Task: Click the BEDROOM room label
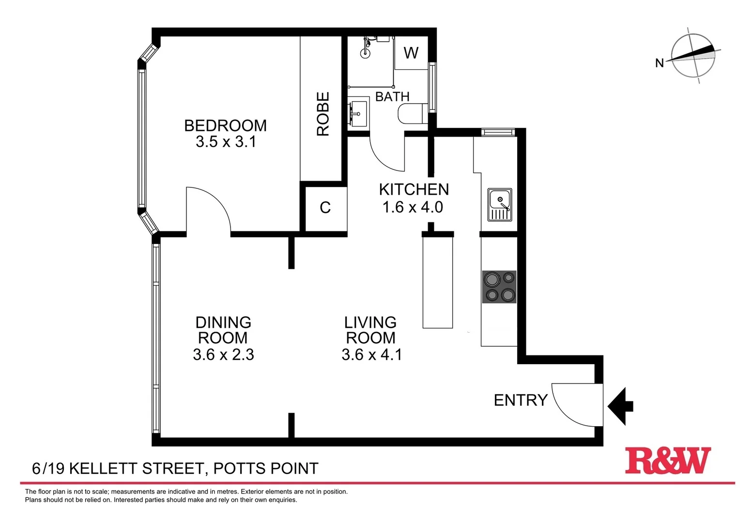pyautogui.click(x=225, y=126)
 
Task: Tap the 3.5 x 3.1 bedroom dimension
pyautogui.click(x=226, y=142)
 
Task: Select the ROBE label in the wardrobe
pyautogui.click(x=323, y=114)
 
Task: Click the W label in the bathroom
pyautogui.click(x=411, y=53)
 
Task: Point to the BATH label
pyautogui.click(x=392, y=97)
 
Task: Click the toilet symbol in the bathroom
pyautogui.click(x=412, y=115)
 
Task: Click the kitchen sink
pyautogui.click(x=500, y=204)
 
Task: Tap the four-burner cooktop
pyautogui.click(x=499, y=287)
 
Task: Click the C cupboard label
pyautogui.click(x=325, y=208)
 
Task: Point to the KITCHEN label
pyautogui.click(x=414, y=189)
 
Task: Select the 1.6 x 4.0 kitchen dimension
pyautogui.click(x=413, y=207)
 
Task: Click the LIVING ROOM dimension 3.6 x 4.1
pyautogui.click(x=371, y=354)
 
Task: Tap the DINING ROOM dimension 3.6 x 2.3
pyautogui.click(x=223, y=354)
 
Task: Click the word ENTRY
pyautogui.click(x=520, y=400)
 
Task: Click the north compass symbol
pyautogui.click(x=693, y=56)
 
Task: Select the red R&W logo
pyautogui.click(x=667, y=461)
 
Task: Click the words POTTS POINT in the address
pyautogui.click(x=266, y=468)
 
